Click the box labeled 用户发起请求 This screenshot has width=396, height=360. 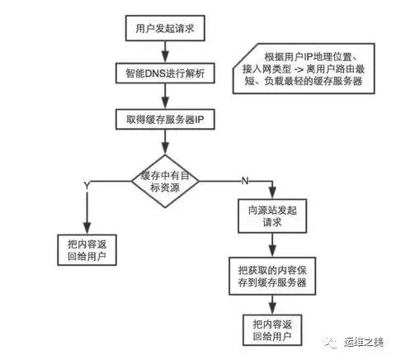coord(165,28)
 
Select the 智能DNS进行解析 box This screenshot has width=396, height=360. coord(165,73)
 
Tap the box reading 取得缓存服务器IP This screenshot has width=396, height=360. coord(165,119)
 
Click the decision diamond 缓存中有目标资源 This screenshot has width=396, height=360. coord(165,181)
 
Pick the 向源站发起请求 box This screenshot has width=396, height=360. coord(272,216)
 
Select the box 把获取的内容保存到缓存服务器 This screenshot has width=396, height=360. coord(272,276)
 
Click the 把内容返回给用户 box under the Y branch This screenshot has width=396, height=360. coord(87,250)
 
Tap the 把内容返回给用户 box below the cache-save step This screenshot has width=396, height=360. coord(272,330)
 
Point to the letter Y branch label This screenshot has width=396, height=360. coord(87,186)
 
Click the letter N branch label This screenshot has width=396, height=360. coord(245,181)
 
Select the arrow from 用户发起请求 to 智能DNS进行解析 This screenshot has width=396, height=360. coord(165,52)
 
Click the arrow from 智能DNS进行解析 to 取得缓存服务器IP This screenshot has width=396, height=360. coord(165,96)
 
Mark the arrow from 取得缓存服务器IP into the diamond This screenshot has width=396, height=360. coord(165,142)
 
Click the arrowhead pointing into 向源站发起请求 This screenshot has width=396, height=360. coord(272,193)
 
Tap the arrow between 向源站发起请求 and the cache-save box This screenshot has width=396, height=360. coord(272,245)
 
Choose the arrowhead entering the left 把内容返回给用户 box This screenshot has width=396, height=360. coord(87,228)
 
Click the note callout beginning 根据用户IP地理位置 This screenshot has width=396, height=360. coord(304,69)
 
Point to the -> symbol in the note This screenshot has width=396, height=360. coord(299,69)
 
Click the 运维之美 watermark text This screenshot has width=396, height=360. coord(363,342)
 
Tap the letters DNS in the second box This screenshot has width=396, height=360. coord(155,73)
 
